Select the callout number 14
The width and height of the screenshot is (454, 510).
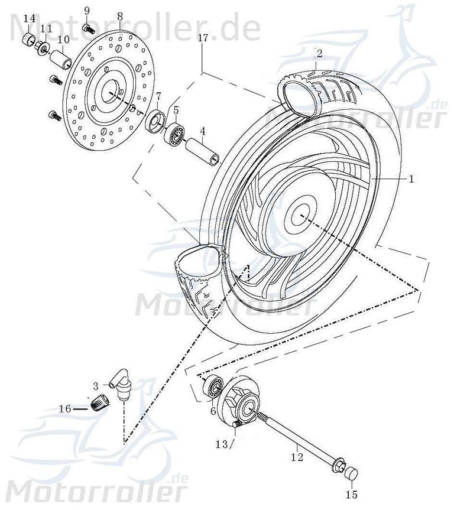tap(29, 19)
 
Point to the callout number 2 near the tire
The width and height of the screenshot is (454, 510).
tap(319, 54)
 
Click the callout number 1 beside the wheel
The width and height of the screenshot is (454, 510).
tap(412, 177)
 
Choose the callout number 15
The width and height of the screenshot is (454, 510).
tap(352, 493)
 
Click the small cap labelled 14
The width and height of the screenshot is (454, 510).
tap(28, 40)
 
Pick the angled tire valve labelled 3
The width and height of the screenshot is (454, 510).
tap(123, 386)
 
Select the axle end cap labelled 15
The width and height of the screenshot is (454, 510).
tap(352, 473)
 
